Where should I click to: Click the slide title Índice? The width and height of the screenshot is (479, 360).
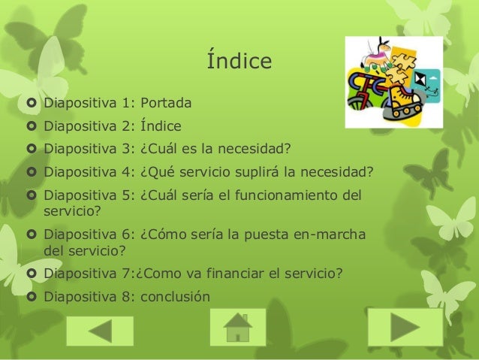click(239, 59)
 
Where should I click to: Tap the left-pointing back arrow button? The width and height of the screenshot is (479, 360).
click(100, 331)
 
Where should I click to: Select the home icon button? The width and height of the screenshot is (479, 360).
click(238, 327)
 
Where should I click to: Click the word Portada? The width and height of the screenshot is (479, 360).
click(166, 103)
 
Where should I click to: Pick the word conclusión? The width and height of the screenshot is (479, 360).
click(176, 297)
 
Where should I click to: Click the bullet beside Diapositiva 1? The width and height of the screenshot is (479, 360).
click(32, 103)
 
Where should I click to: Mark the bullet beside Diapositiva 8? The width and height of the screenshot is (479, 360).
click(32, 296)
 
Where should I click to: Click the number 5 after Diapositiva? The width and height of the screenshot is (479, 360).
click(126, 195)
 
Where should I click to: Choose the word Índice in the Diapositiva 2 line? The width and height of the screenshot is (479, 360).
click(161, 126)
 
